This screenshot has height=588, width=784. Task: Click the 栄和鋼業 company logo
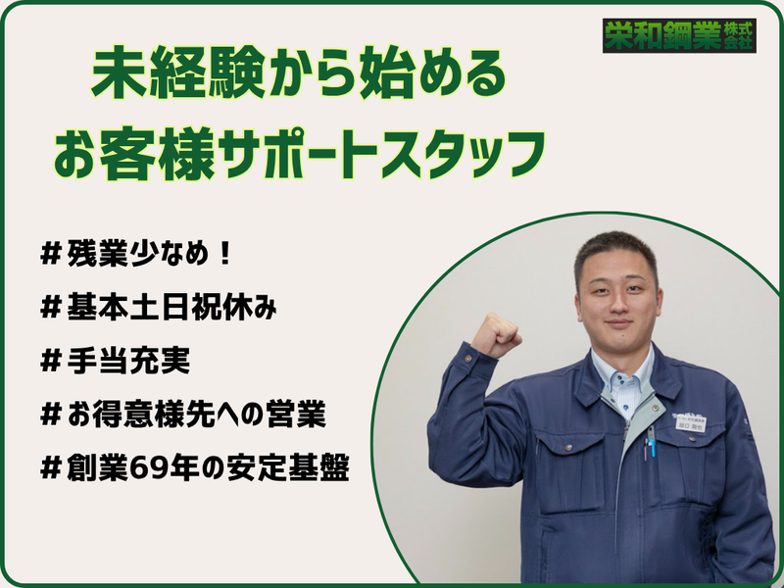[x=678, y=36]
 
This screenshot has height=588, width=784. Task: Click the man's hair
[x=615, y=248]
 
